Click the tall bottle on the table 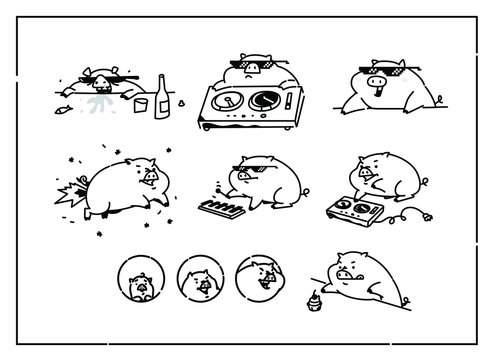(160, 97)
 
